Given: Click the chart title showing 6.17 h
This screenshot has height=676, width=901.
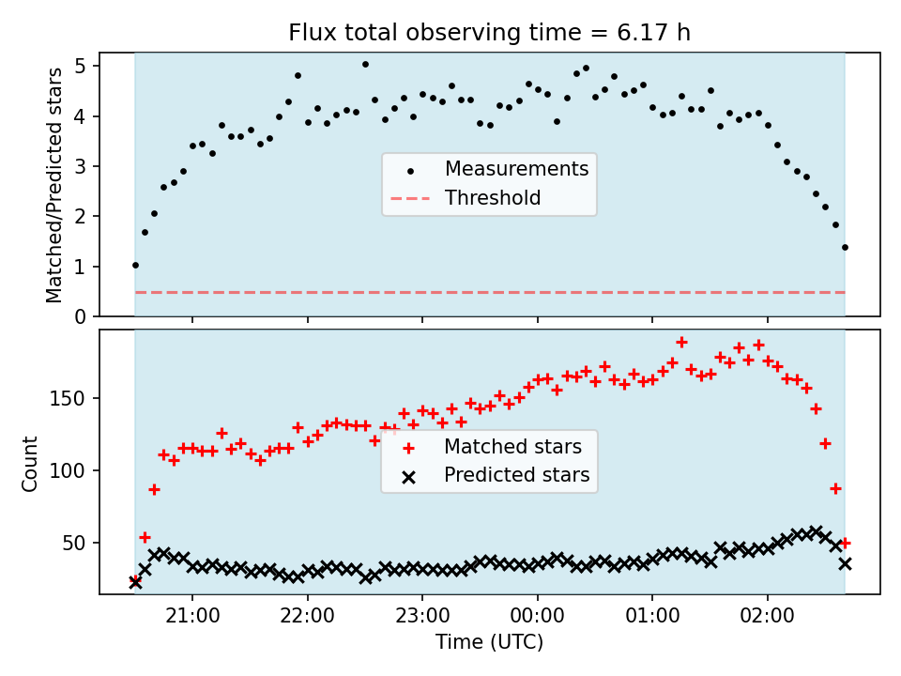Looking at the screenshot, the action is (x=489, y=32).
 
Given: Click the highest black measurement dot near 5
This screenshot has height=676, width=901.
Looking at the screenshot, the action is (x=365, y=65).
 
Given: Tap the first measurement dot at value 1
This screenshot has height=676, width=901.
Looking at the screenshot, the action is (x=135, y=265).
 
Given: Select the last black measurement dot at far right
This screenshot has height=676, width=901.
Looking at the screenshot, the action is (x=845, y=247).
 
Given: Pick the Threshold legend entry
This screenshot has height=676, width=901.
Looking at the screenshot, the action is (x=466, y=198).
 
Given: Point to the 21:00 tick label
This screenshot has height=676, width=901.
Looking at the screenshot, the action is (x=192, y=616).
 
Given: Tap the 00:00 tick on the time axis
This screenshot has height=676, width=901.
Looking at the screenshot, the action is (x=537, y=616).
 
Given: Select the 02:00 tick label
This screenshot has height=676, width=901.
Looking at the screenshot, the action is (x=767, y=616).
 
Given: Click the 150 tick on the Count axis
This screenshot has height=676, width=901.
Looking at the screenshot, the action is (x=68, y=398).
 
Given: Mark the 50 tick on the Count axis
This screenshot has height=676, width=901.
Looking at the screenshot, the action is (x=73, y=543).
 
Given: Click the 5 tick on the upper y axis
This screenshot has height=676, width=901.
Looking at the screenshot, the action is (x=80, y=66).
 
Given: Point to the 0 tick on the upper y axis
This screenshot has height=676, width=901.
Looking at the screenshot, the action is (x=80, y=316).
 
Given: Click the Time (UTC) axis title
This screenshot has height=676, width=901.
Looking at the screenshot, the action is (x=489, y=641).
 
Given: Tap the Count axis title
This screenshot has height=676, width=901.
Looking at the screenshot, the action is (x=29, y=463).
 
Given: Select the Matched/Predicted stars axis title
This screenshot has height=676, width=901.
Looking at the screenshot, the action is (x=54, y=185).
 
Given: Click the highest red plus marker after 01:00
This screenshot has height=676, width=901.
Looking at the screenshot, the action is (x=681, y=342).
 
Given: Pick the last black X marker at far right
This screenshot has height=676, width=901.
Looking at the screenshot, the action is (x=845, y=564).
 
